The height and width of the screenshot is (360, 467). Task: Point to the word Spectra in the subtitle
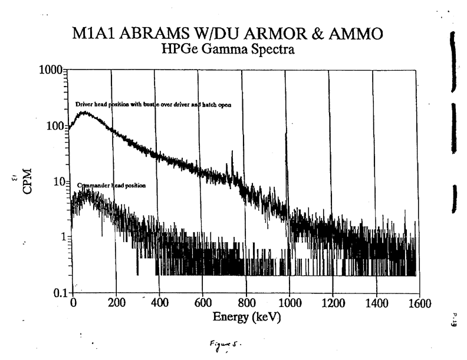[271, 51]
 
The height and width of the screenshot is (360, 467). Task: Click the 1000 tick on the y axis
[52, 70]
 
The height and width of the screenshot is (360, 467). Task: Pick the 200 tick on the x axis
[116, 304]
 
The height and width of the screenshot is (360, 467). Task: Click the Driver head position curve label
[153, 104]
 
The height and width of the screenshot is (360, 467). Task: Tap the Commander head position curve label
[111, 185]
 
